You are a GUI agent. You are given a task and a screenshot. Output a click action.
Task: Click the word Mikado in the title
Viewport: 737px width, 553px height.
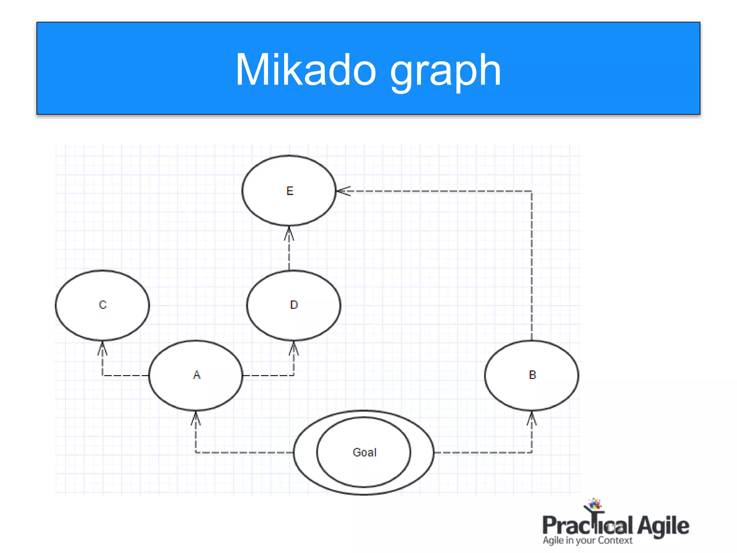coord(306,70)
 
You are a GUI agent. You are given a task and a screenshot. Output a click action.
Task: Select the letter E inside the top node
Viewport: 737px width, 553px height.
coord(290,191)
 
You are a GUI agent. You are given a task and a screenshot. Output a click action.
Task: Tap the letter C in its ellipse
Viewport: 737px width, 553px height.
coord(103,305)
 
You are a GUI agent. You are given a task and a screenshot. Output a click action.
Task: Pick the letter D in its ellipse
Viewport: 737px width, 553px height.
coord(294,305)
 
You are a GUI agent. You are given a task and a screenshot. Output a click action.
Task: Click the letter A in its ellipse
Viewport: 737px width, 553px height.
coord(196,375)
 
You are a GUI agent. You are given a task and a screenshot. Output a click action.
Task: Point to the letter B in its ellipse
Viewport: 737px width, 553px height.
coord(532,375)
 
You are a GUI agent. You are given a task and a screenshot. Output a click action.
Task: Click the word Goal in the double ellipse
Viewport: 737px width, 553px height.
coord(364,452)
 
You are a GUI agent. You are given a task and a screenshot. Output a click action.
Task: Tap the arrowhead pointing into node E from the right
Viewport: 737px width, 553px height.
coord(343,191)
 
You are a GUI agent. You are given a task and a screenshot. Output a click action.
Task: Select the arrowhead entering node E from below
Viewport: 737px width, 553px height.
coord(289,233)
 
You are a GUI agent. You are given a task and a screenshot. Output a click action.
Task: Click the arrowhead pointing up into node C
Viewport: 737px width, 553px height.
coord(103,348)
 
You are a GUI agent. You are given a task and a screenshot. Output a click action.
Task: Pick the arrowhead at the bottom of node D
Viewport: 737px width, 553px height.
coord(294,348)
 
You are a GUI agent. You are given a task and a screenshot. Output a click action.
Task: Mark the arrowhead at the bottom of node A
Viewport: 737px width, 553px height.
coord(196,418)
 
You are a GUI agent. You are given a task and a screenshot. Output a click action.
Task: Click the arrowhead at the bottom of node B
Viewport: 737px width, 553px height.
coord(532,418)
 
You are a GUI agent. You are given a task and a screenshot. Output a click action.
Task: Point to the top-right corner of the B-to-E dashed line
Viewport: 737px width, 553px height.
coord(532,191)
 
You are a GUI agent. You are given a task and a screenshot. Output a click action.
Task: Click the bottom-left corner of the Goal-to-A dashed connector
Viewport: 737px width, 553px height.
coord(196,452)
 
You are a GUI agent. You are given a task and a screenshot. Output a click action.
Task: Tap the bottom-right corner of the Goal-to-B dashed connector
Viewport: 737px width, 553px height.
coord(532,452)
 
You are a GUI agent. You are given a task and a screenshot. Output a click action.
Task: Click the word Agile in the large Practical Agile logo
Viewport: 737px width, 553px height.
coord(663,526)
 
